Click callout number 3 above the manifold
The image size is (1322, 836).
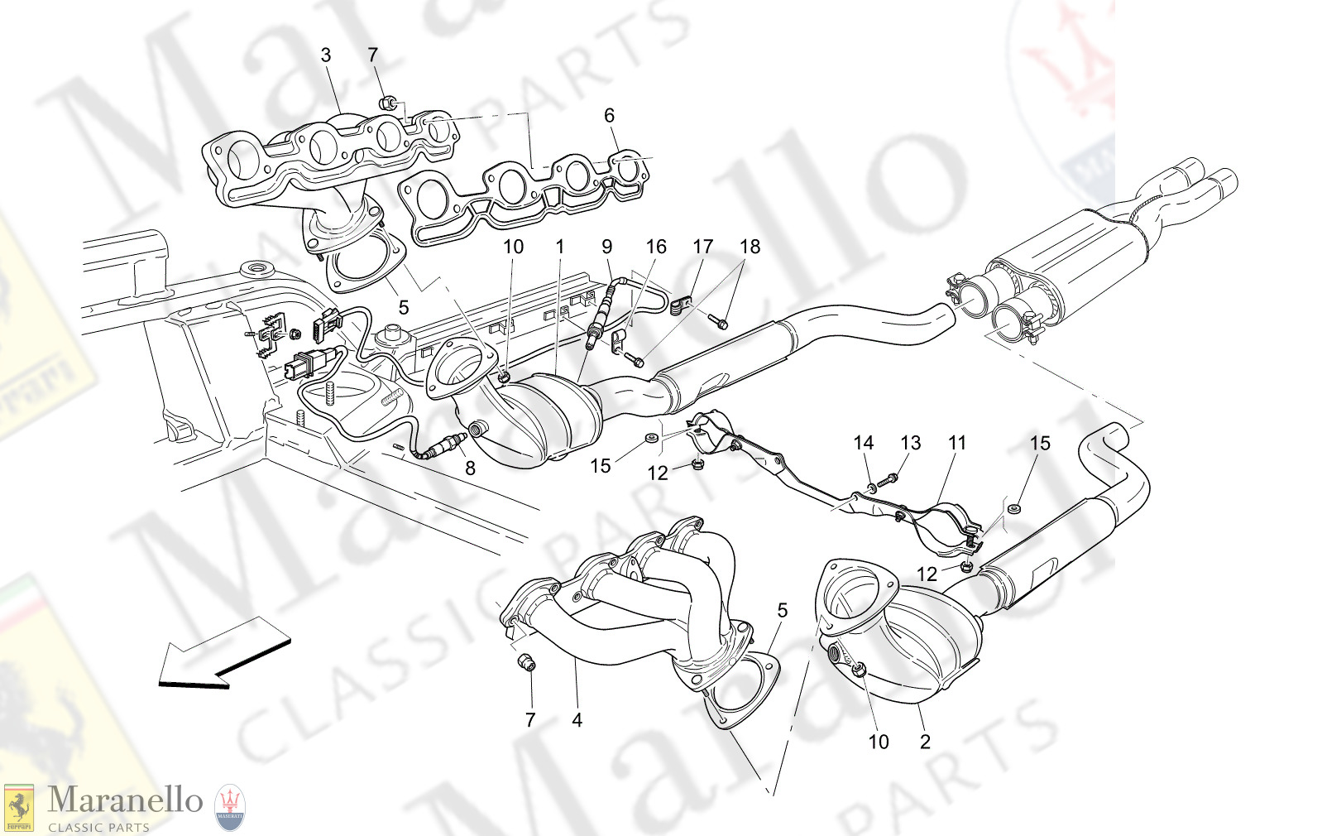coord(325,55)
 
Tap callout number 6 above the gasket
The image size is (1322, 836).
coord(609,116)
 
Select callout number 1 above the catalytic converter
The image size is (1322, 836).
coord(560,247)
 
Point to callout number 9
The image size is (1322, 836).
coord(607,247)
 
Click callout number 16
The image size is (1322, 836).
coord(656,247)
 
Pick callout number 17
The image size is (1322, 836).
coord(702,247)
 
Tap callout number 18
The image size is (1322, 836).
coord(750,247)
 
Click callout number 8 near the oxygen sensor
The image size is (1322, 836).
coord(470,468)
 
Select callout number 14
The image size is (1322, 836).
coord(863,443)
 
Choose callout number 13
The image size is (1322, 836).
coord(910,443)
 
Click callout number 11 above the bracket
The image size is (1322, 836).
coord(957,443)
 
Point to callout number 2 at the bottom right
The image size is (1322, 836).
coord(925,742)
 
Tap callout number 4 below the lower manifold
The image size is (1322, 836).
coord(577,720)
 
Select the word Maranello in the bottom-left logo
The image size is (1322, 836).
coord(125,800)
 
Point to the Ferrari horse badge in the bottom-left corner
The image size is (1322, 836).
coord(18,808)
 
